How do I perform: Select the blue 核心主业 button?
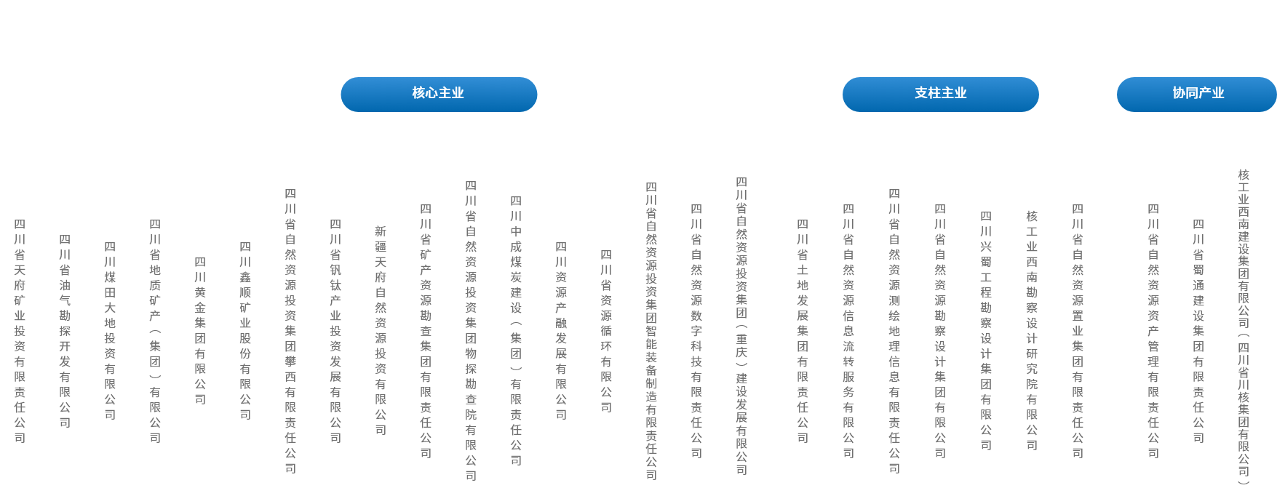[x=439, y=94]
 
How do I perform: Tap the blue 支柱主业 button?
[x=940, y=94]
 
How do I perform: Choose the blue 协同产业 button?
[x=1197, y=94]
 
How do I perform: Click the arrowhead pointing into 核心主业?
[x=439, y=73]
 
